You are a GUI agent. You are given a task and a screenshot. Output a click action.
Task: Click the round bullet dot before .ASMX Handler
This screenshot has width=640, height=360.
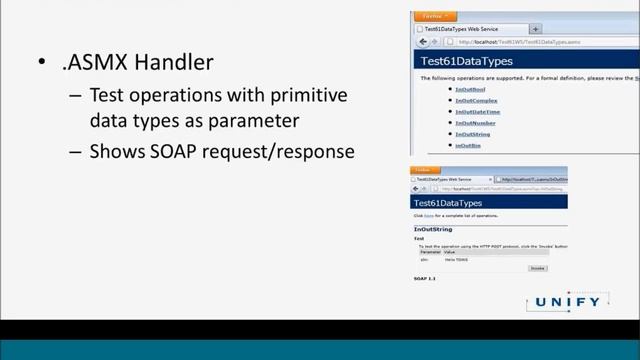pos(42,63)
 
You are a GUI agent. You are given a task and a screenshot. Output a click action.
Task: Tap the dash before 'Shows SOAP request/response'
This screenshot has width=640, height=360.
pos(76,153)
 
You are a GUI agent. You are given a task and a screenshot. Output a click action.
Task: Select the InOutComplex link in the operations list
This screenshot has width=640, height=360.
pos(476,101)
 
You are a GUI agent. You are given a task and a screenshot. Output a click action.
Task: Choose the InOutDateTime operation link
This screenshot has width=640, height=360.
pos(478,112)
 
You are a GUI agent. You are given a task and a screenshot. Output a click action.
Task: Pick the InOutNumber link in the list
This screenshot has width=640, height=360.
pos(475,123)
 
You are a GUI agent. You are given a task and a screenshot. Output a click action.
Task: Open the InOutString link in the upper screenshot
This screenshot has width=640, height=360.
pos(472,134)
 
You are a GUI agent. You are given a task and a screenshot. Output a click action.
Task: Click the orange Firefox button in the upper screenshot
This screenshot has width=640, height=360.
pos(432,16)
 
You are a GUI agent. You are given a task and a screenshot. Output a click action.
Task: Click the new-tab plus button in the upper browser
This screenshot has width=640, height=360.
pos(536,29)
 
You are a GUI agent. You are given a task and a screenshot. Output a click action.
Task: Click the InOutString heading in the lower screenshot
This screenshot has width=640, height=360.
pos(432,229)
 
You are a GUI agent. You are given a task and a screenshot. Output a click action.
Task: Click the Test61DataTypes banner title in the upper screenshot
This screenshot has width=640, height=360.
pos(459,61)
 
